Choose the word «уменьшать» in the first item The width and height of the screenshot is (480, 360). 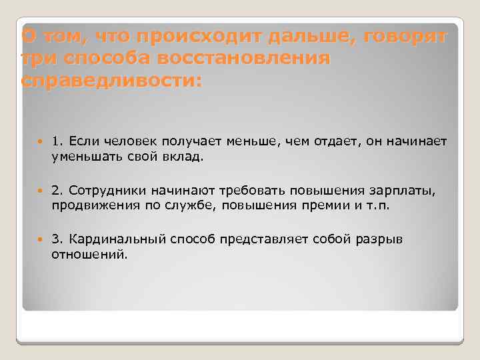pyautogui.click(x=85, y=158)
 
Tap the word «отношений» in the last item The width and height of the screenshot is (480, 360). pyautogui.click(x=88, y=255)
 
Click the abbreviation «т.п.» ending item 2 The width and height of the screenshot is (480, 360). pyautogui.click(x=377, y=206)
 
